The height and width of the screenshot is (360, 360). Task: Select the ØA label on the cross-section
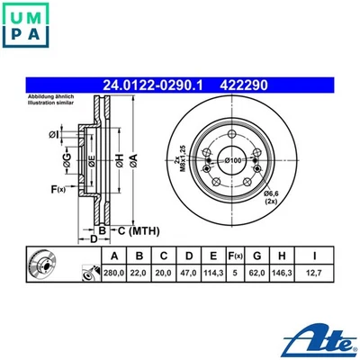tap(134, 159)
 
